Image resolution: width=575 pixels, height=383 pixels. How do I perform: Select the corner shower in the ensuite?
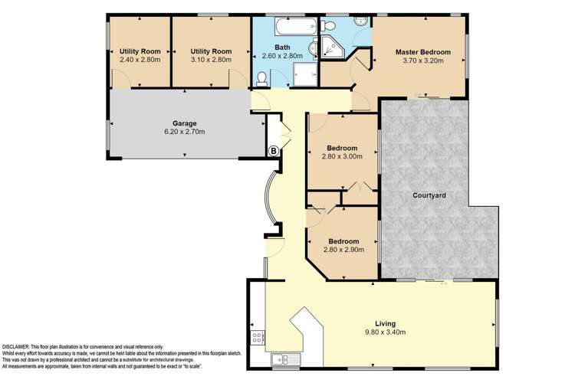click(x=330, y=46)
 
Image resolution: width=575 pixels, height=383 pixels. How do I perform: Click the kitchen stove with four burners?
click(x=258, y=336)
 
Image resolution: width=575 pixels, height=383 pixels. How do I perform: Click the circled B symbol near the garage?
click(x=273, y=150)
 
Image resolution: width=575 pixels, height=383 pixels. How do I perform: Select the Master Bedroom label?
click(x=423, y=52)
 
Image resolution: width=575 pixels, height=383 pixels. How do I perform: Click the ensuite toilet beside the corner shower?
click(x=314, y=50)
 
